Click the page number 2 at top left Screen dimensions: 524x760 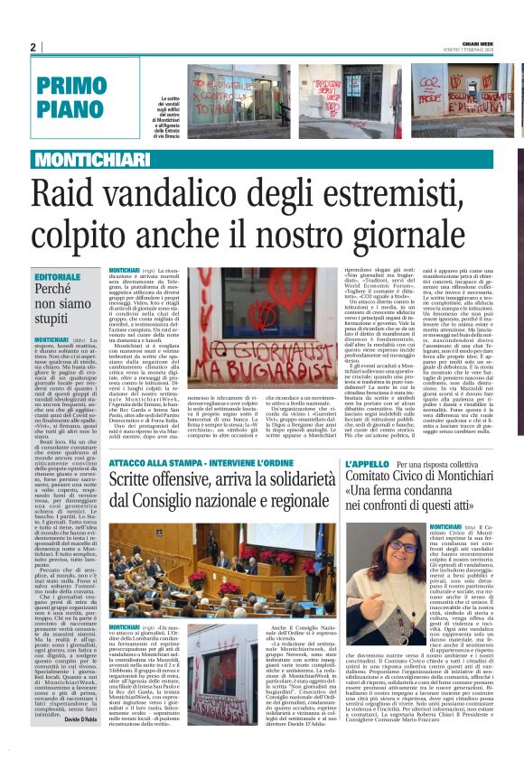pos(33,47)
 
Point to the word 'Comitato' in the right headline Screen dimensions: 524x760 pos(374,479)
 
